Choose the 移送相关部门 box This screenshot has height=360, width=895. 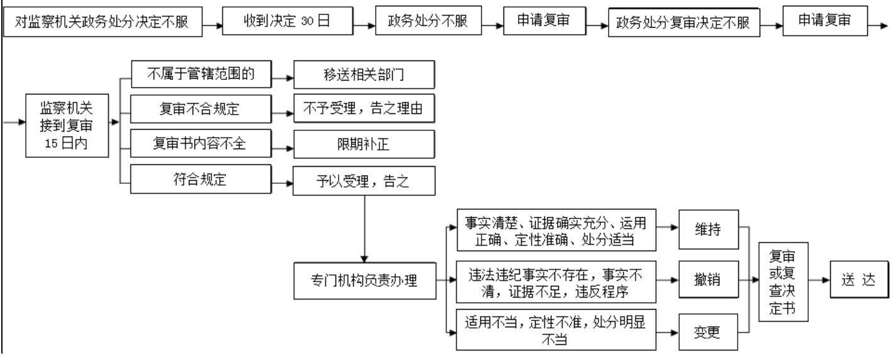(363, 76)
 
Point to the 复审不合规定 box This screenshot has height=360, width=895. (201, 109)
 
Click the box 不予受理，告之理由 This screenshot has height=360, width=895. (363, 110)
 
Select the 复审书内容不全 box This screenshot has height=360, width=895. (201, 143)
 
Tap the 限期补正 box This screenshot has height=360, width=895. (363, 144)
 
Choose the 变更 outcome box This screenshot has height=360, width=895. (709, 332)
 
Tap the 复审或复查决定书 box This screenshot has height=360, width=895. (781, 281)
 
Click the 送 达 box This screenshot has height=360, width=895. (858, 281)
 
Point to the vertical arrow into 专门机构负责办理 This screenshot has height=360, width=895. (363, 227)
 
